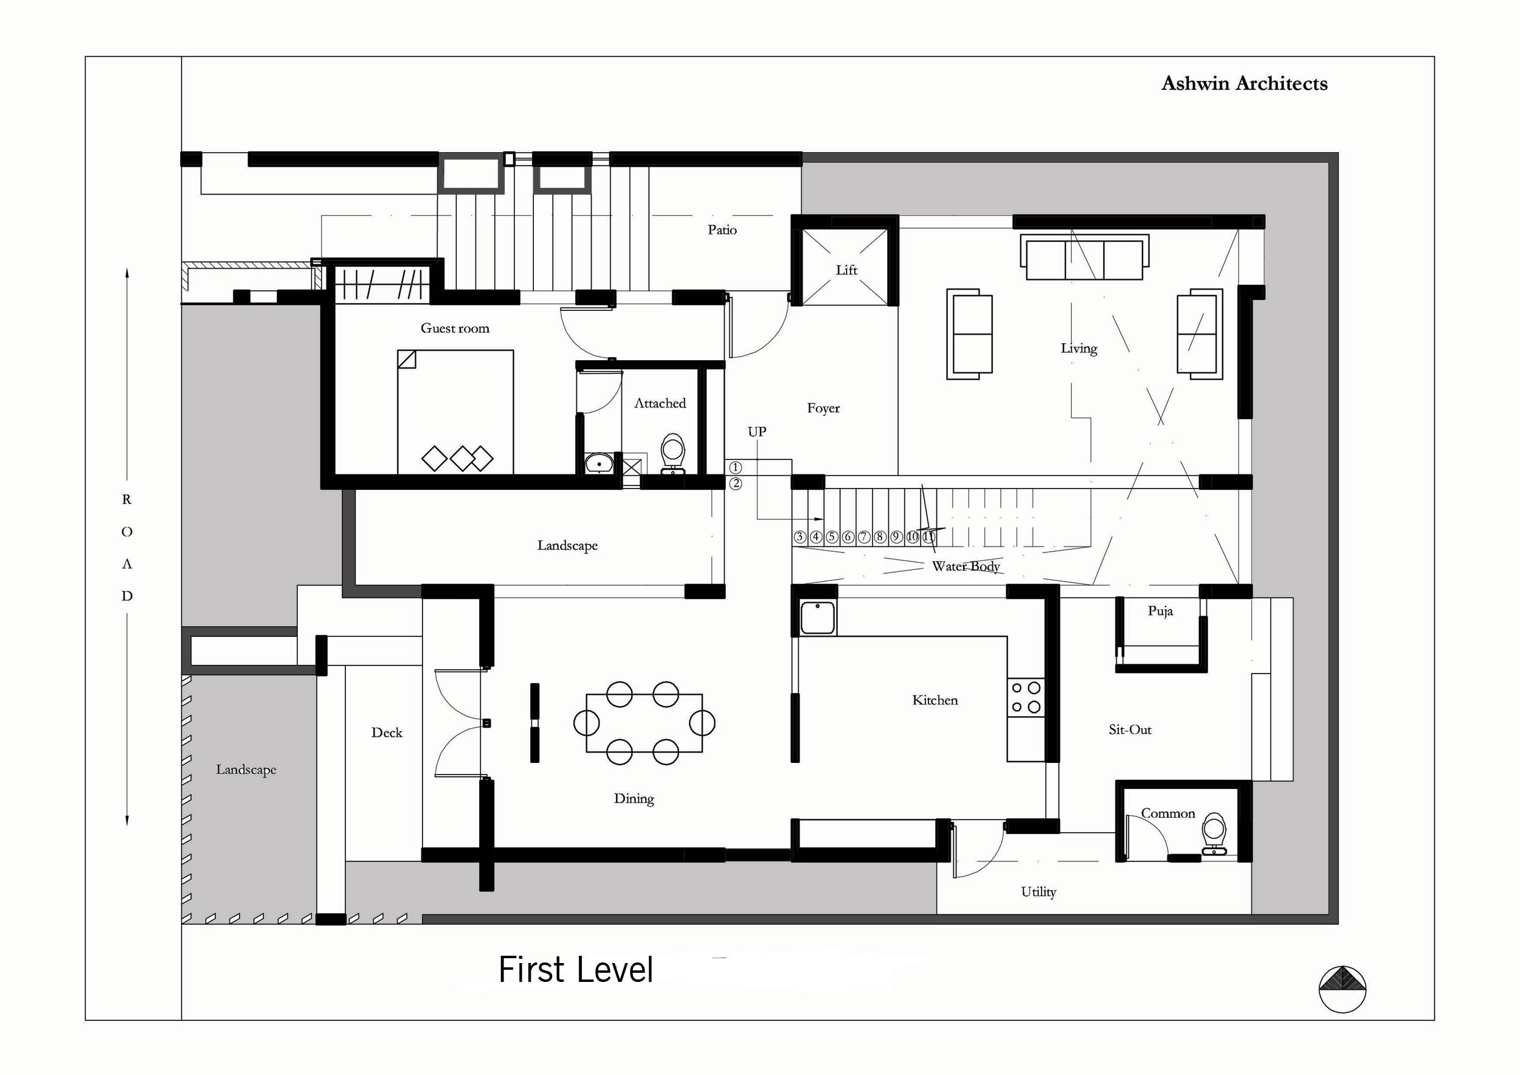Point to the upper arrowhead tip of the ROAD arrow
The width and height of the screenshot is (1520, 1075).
point(127,268)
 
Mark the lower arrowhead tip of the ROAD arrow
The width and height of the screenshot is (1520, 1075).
point(127,826)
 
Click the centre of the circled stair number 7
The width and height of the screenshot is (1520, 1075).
point(864,537)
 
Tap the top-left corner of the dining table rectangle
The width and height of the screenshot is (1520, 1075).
point(587,694)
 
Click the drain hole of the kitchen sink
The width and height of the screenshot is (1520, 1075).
point(818,605)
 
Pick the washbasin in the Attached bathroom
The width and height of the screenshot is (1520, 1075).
point(599,463)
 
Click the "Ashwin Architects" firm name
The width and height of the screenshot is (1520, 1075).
point(1245,83)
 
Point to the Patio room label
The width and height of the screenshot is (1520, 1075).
point(722,230)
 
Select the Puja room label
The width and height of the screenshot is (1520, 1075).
point(1161,611)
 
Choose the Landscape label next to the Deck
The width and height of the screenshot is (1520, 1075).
point(246,770)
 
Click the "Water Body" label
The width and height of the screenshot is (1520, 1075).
point(966,566)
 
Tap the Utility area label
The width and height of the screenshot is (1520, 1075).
point(1038,892)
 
